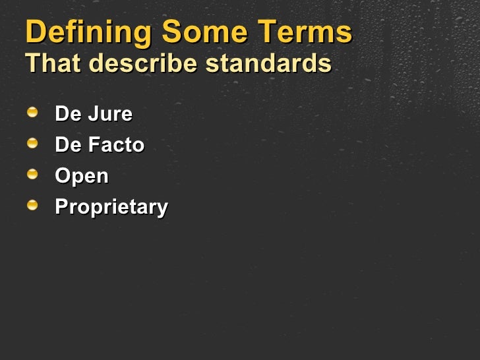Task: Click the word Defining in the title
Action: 89,33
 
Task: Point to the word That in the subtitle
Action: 52,63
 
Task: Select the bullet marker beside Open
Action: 33,174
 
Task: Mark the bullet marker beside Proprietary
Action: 33,205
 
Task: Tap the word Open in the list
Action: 82,177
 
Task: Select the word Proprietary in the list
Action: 111,208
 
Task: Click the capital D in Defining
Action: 36,33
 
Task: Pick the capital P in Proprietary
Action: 61,207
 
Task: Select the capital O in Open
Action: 63,176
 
